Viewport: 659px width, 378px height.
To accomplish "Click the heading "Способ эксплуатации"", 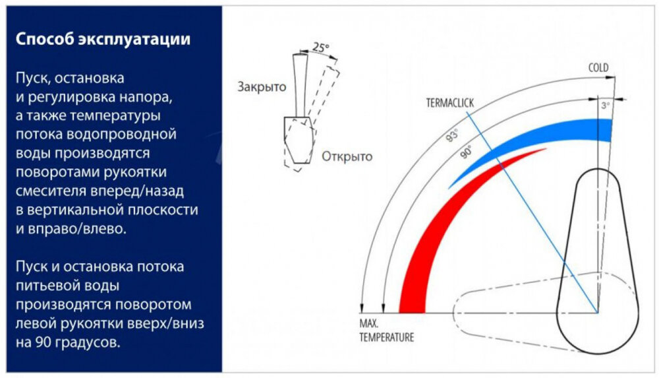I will coord(103,40).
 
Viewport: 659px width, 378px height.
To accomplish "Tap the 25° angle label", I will coord(321,47).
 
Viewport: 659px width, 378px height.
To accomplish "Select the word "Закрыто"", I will coord(262,87).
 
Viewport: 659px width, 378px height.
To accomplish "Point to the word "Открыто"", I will coord(347,156).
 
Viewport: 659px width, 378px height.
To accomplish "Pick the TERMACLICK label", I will coord(449,103).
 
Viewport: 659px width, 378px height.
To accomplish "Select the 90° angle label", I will coord(467,150).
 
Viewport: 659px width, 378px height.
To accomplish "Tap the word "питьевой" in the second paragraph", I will coord(43,286).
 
